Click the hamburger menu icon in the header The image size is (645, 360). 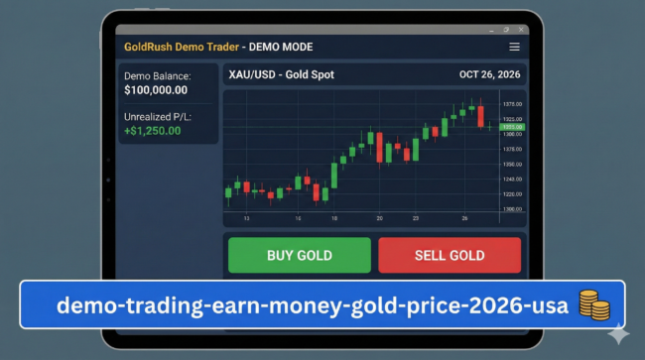click(x=514, y=47)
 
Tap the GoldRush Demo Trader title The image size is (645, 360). click(x=179, y=47)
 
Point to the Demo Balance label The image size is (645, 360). click(x=157, y=75)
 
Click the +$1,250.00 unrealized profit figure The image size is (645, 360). click(x=152, y=131)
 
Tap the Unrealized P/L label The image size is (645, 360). click(x=157, y=116)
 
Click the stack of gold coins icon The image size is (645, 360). click(x=594, y=305)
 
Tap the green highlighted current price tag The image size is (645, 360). click(x=512, y=127)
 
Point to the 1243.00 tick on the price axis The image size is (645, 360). click(x=512, y=179)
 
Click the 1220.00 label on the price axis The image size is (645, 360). click(x=512, y=194)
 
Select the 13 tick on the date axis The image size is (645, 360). click(x=246, y=218)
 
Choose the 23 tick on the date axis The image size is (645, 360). click(x=416, y=218)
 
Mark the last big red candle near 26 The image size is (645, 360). click(x=480, y=116)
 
